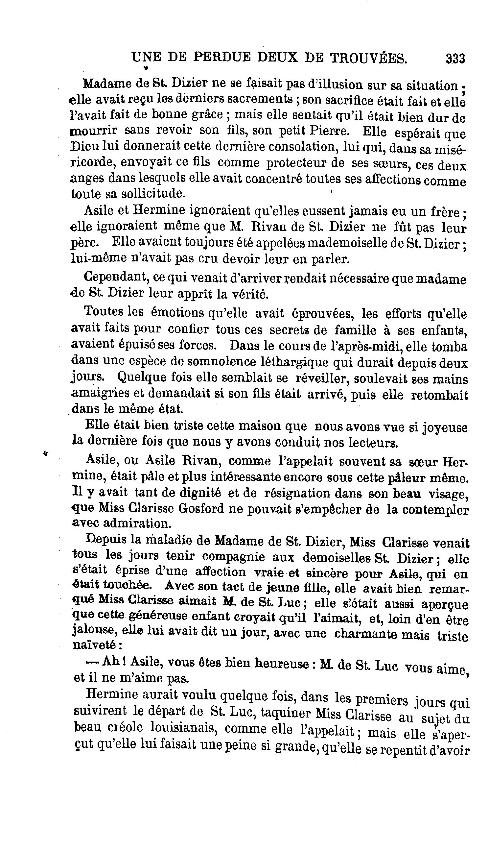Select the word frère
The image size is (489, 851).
pyautogui.click(x=444, y=212)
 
